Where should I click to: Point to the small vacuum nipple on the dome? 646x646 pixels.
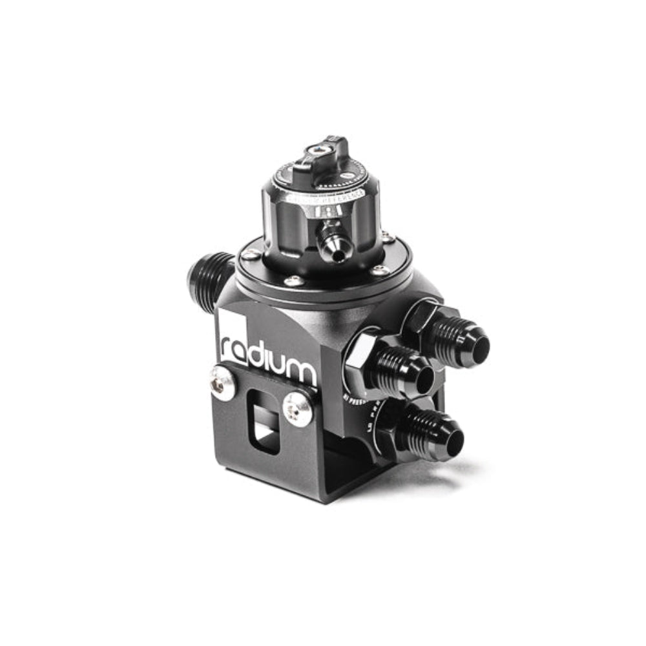pos(334,247)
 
